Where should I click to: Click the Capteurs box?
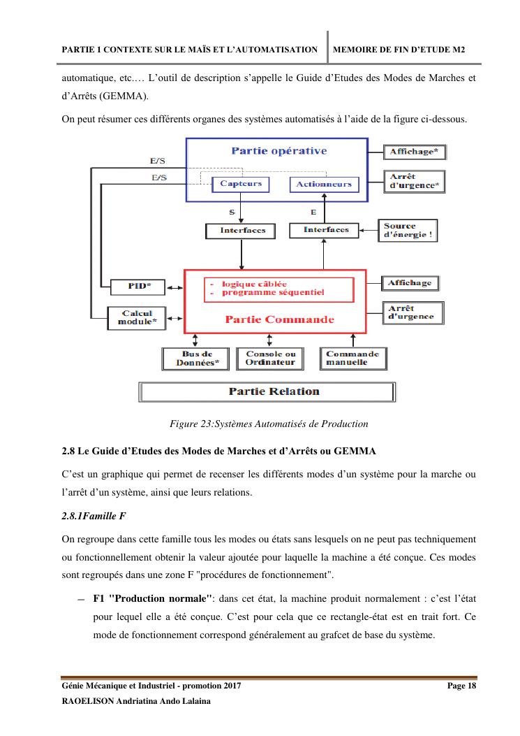pyautogui.click(x=241, y=184)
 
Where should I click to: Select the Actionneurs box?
pyautogui.click(x=323, y=185)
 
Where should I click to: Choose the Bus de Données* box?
pyautogui.click(x=193, y=359)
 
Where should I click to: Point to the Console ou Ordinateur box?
pyautogui.click(x=271, y=359)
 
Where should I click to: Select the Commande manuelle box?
pyautogui.click(x=352, y=359)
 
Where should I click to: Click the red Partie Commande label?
pyautogui.click(x=269, y=319)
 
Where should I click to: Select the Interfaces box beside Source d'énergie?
pyautogui.click(x=326, y=230)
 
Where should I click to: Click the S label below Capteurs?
pyautogui.click(x=232, y=210)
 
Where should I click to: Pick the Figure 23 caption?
pyautogui.click(x=269, y=424)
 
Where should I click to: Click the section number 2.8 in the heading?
pyautogui.click(x=68, y=449)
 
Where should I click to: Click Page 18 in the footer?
pyautogui.click(x=461, y=686)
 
